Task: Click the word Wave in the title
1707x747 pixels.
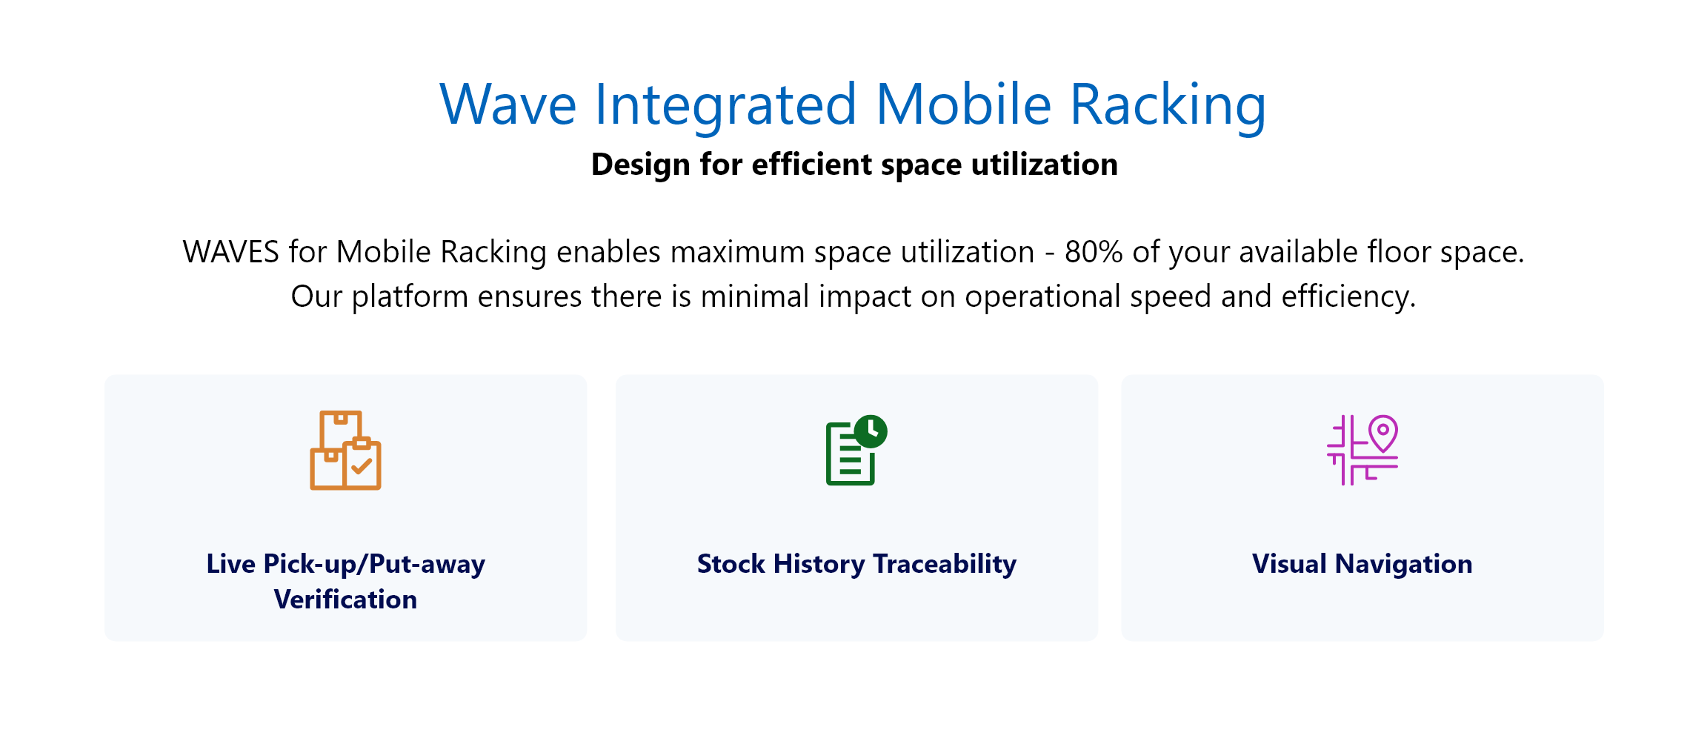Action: click(508, 104)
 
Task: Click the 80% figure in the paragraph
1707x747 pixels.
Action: click(1094, 252)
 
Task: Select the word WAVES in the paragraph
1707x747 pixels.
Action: click(231, 252)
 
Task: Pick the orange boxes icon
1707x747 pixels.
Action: click(345, 450)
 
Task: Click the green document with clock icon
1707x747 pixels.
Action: click(856, 450)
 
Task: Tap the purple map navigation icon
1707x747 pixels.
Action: click(1362, 450)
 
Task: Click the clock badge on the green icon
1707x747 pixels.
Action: click(871, 431)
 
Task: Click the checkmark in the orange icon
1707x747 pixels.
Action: click(362, 466)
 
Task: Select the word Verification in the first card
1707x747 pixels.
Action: click(345, 600)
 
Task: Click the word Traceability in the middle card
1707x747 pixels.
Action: click(945, 565)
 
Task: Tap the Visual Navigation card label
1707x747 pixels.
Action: click(1362, 564)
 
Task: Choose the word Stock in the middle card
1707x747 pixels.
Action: click(731, 564)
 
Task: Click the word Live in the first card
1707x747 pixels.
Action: click(230, 564)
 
